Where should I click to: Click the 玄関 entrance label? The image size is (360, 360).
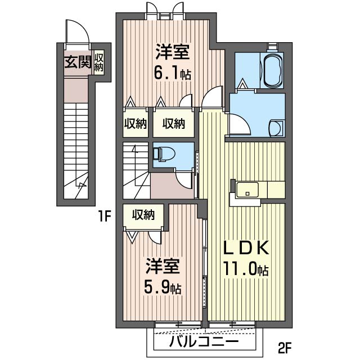click(x=76, y=62)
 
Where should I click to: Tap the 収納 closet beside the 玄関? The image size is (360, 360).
click(x=99, y=62)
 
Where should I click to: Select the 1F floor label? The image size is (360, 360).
click(x=104, y=214)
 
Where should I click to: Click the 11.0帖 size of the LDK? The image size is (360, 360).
click(x=246, y=270)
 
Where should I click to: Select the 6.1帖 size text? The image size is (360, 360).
click(x=173, y=74)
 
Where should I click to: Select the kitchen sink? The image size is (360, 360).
click(x=246, y=190)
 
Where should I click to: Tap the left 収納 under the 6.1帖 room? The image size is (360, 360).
click(x=135, y=124)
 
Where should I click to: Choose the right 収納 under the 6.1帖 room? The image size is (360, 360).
click(x=174, y=124)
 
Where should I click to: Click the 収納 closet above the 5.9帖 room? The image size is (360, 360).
click(x=143, y=214)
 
